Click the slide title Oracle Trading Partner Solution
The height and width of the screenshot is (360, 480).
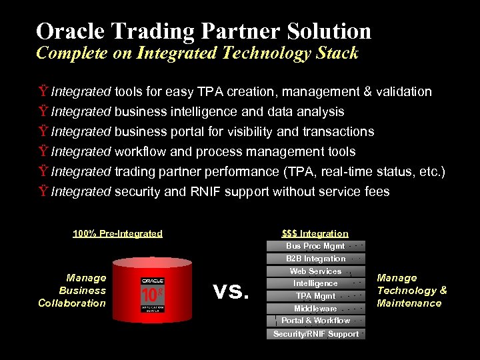[203, 31]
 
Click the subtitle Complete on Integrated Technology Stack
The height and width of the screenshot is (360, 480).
[197, 53]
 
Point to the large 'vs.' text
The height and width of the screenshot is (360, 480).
[231, 291]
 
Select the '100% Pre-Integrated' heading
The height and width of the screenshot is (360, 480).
[117, 233]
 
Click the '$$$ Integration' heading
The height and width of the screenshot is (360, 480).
[315, 233]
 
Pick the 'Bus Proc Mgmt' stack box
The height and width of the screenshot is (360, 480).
[316, 246]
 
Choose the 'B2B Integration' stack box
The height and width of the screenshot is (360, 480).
[316, 259]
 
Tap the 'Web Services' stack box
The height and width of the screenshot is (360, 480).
[316, 271]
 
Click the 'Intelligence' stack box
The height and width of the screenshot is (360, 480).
[316, 283]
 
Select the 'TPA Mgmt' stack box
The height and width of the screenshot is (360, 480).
[316, 296]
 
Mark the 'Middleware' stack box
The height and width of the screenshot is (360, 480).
[316, 309]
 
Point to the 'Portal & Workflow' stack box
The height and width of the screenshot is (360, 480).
[316, 321]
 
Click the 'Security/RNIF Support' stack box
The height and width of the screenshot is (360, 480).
[316, 334]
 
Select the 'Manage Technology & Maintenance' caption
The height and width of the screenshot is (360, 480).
[411, 291]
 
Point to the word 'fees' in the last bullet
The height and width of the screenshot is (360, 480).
[376, 192]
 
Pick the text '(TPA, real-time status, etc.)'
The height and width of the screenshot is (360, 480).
[364, 172]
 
